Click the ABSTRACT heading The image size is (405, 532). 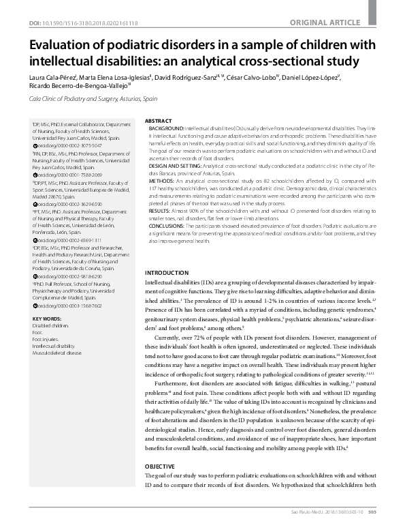[x=159, y=120]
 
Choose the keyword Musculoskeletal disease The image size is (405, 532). [x=57, y=353]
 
